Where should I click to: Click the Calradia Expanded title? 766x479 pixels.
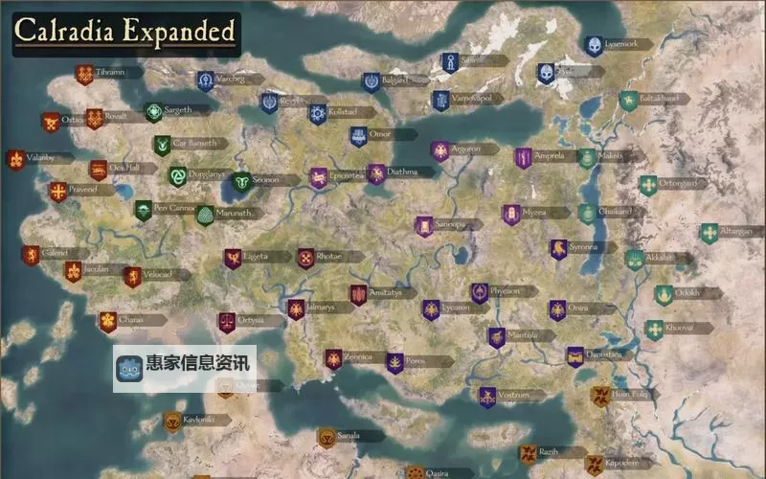124,32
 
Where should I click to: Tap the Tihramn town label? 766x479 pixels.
111,73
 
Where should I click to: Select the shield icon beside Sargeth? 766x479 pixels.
152,112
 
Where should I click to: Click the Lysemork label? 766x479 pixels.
620,44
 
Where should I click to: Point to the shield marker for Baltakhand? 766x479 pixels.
627,100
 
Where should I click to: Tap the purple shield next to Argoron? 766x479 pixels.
439,150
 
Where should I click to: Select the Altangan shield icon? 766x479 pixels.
709,233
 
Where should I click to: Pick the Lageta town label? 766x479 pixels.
256,257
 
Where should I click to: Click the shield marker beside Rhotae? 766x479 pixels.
305,258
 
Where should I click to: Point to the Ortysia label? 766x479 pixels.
251,320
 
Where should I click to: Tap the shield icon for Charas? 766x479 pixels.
107,322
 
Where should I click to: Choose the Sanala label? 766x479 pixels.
349,436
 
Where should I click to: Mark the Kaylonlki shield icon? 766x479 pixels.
172,421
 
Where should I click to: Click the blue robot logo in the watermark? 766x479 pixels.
128,369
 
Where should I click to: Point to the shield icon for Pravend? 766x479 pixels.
58,192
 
